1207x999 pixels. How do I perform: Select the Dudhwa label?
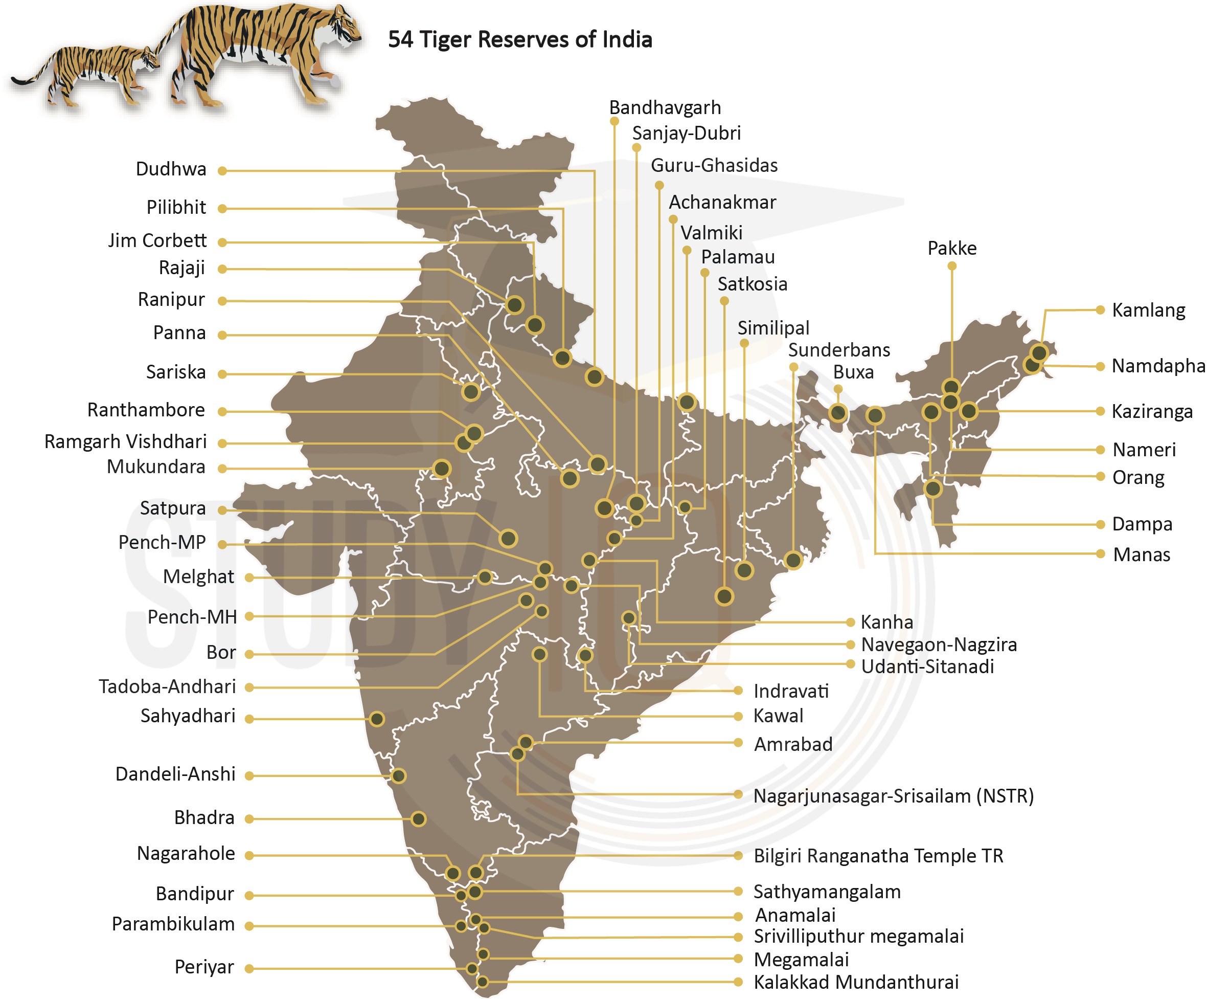tap(171, 169)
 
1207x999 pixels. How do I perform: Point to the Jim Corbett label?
tap(157, 240)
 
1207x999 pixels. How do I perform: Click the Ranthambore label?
tap(146, 410)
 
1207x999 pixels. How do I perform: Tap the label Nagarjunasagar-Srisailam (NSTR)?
tap(893, 796)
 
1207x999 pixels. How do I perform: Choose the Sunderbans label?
tap(838, 350)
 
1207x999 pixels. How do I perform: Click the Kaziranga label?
tap(1151, 412)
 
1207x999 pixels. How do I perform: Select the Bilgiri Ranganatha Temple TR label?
tap(878, 856)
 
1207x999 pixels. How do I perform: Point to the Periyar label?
tap(204, 967)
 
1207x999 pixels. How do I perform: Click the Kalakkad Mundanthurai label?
tap(856, 982)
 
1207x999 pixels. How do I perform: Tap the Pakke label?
tap(952, 249)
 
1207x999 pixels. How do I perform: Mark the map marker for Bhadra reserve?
tap(418, 819)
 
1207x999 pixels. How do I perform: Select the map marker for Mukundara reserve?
tap(441, 469)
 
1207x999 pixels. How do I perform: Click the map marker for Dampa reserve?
tap(933, 489)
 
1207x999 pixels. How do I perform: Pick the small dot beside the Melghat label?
tap(249, 578)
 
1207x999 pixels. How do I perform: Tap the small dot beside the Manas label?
tap(1100, 554)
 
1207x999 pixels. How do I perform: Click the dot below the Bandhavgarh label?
tap(614, 121)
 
